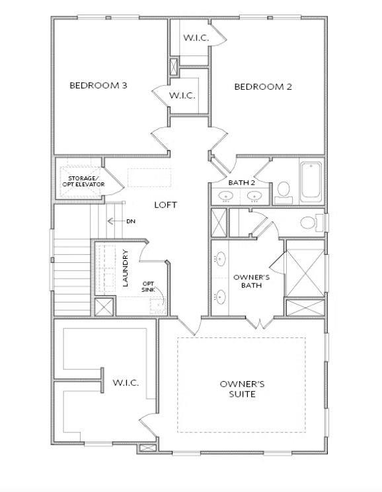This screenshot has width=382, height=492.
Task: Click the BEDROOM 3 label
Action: (98, 85)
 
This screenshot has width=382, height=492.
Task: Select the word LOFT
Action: (165, 205)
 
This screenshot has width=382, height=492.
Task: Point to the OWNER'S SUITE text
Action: (242, 388)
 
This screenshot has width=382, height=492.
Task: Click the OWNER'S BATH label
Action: (247, 281)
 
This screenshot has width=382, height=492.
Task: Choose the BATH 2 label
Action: (241, 182)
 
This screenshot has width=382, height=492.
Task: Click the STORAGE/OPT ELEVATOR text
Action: (81, 181)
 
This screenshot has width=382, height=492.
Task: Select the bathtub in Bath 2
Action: (311, 182)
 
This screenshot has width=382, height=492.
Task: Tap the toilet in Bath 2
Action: (284, 192)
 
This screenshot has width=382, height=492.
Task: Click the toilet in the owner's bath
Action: (311, 222)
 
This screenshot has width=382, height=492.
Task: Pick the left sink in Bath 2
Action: (226, 195)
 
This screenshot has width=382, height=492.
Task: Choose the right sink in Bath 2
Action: (254, 195)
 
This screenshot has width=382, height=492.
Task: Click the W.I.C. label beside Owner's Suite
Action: (125, 382)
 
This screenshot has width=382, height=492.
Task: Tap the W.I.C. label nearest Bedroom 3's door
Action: (181, 96)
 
